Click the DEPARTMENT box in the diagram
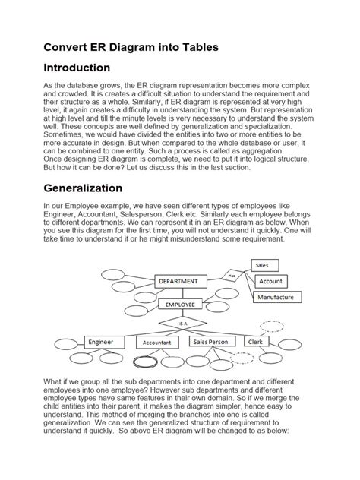point(180,281)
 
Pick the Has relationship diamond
point(230,275)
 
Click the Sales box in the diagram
point(262,265)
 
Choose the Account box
point(270,281)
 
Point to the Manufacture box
point(275,298)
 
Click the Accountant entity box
point(156,343)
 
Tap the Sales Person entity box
point(210,343)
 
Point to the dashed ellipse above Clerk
point(271,327)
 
